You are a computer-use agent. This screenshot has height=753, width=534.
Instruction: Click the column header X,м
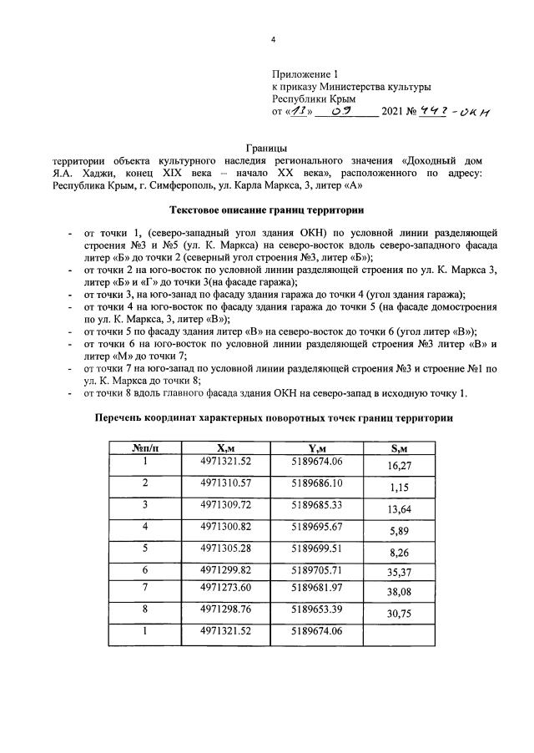226,448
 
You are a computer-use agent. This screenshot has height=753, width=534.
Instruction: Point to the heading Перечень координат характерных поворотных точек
266,417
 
